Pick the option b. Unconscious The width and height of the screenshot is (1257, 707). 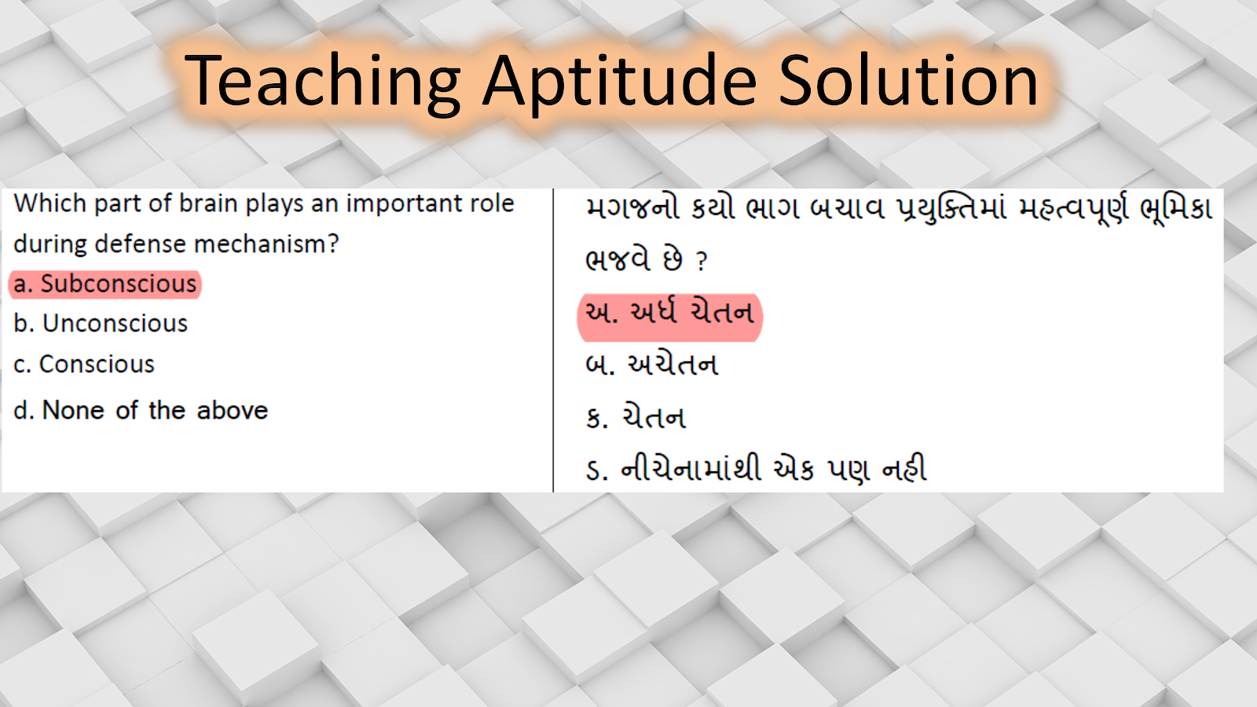point(101,324)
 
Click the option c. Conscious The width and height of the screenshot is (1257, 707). point(84,364)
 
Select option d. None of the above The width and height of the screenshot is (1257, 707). point(141,410)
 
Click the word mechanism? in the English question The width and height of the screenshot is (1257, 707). point(266,244)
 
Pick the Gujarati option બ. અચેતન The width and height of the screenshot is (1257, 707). point(652,365)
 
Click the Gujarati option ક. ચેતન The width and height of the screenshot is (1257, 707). point(636,418)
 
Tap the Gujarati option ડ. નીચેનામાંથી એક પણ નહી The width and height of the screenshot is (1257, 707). point(756,469)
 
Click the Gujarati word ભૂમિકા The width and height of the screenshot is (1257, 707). point(1177,210)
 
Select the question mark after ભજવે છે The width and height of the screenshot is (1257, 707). point(702,262)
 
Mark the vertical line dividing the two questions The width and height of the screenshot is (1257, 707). point(553,340)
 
